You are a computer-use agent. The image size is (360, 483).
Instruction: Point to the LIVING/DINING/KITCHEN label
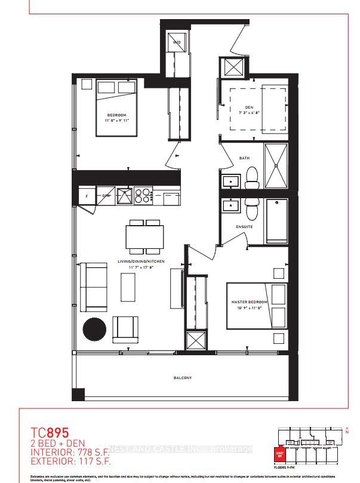point(143,262)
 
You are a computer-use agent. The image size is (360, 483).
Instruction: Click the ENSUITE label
point(244,227)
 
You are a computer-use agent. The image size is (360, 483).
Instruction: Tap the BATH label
point(244,158)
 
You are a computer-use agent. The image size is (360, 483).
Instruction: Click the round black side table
point(94,328)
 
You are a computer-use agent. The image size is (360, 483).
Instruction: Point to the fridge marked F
point(87,195)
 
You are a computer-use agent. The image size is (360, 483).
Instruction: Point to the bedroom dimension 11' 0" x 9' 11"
point(116,121)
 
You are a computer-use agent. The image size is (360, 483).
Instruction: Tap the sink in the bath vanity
point(230,180)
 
